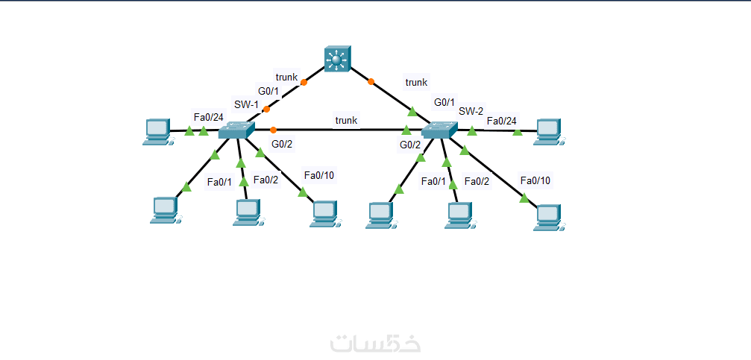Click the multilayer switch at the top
click(338, 59)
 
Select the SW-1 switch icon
click(236, 130)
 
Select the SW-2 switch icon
click(440, 130)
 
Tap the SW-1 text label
click(246, 104)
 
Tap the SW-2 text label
click(471, 111)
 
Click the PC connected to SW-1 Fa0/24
click(157, 131)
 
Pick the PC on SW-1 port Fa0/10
click(324, 212)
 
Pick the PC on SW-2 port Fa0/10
click(549, 215)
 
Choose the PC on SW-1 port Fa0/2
click(246, 212)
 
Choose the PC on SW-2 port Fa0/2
click(459, 215)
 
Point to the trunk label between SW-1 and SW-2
click(346, 120)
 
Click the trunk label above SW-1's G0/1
click(287, 77)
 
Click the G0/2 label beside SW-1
click(282, 144)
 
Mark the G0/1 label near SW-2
click(444, 101)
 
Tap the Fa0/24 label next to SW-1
click(208, 117)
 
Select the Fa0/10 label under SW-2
click(535, 180)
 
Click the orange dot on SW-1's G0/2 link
click(274, 130)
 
